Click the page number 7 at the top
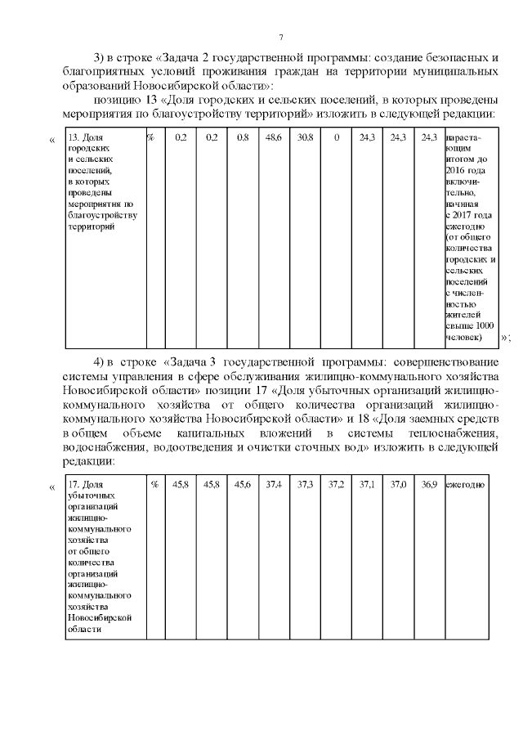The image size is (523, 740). point(280,38)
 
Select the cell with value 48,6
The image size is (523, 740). point(274,137)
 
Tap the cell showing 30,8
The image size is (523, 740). point(306,137)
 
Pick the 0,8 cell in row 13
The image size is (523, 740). point(243,137)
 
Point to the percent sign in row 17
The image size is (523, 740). point(154,486)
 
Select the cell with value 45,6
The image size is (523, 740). point(243,486)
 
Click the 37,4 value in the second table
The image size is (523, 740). point(274,486)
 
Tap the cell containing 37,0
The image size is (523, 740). point(398,486)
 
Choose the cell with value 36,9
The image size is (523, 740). point(429,486)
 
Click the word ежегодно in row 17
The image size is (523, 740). point(464,486)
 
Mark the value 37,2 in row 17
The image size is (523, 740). point(336,486)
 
